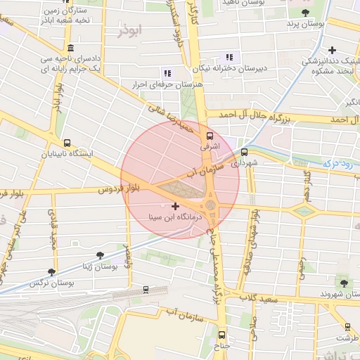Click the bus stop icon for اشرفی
[x=209, y=136]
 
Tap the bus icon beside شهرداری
[x=245, y=152]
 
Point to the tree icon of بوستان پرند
[x=304, y=13]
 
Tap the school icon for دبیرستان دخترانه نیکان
[x=229, y=57]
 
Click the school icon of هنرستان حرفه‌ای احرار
[x=167, y=73]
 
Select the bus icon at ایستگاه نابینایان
[x=67, y=143]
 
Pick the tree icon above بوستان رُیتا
[x=99, y=255]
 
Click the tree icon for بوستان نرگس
[x=51, y=271]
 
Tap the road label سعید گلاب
[x=261, y=300]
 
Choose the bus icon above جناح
[x=222, y=335]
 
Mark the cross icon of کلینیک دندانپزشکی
[x=332, y=51]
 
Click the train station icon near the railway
[x=146, y=289]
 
